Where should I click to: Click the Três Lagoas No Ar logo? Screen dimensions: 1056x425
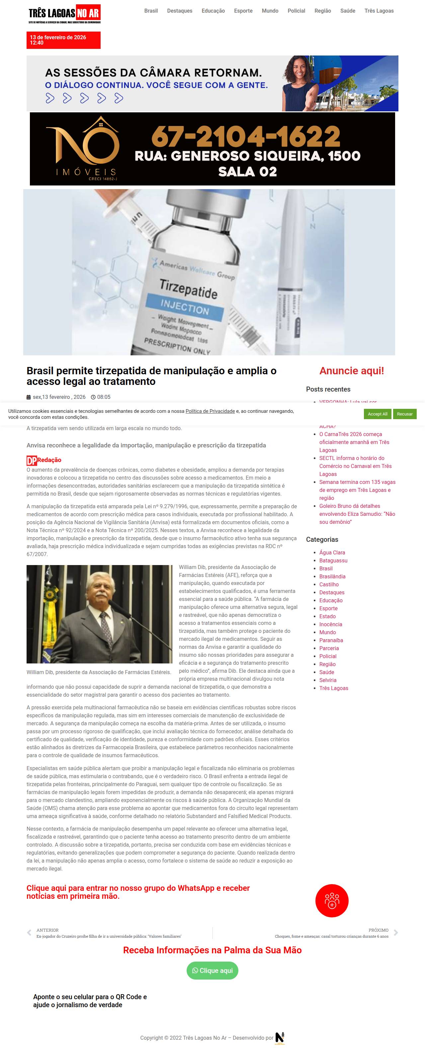(x=64, y=14)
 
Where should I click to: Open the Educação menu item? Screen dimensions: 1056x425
(x=213, y=11)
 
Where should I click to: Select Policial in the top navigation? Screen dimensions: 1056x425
(x=296, y=11)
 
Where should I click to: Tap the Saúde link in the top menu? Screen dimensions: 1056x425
(x=348, y=11)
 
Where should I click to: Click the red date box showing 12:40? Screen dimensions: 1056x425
(x=63, y=40)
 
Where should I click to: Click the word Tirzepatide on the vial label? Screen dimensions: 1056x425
(x=188, y=289)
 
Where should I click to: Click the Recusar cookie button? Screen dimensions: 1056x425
(x=404, y=414)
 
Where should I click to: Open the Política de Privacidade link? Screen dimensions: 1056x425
(x=210, y=411)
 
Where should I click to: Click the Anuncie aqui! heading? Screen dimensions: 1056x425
(x=351, y=371)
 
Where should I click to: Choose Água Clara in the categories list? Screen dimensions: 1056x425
(x=332, y=552)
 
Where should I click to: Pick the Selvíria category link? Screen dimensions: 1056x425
(x=328, y=680)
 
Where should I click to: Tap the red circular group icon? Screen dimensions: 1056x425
(x=332, y=901)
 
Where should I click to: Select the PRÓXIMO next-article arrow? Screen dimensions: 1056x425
(x=395, y=933)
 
